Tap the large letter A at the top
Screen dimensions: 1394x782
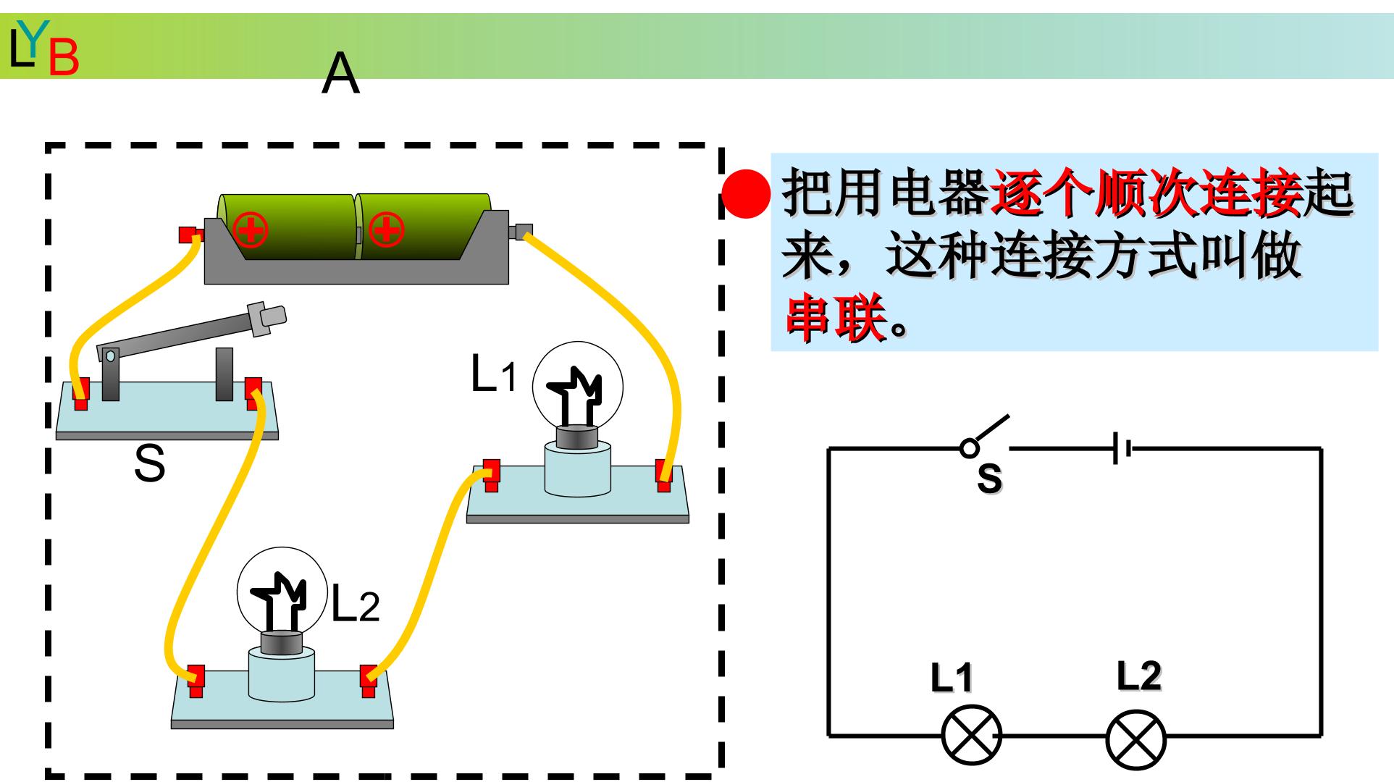click(x=340, y=75)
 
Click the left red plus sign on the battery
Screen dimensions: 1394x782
click(x=250, y=231)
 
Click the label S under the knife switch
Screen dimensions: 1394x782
click(x=150, y=463)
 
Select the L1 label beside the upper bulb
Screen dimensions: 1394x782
click(x=495, y=374)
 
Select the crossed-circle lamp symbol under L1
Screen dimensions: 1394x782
click(x=971, y=738)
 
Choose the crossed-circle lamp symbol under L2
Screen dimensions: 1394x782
click(x=1136, y=738)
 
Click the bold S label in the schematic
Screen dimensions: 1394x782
click(x=990, y=478)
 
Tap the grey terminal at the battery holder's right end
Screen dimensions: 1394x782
click(x=521, y=231)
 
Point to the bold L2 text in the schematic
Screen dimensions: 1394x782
click(x=1139, y=676)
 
